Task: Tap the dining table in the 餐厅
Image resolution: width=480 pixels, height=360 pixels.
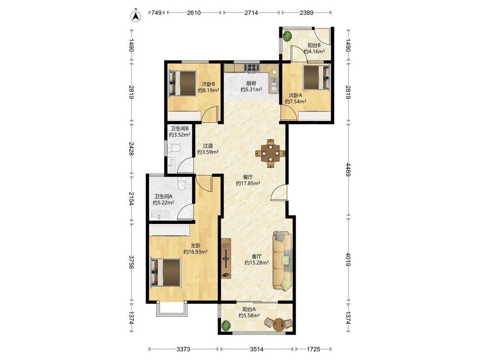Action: pos(271,153)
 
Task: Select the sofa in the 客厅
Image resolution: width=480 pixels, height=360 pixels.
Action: pos(282,261)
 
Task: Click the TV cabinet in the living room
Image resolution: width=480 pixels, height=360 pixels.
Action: pos(226,258)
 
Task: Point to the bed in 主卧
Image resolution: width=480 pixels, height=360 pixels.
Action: pos(166,273)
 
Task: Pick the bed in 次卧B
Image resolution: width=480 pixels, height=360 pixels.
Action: pos(183,83)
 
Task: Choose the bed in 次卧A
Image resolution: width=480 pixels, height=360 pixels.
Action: pos(317,78)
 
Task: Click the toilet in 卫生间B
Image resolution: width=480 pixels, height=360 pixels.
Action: pos(174,148)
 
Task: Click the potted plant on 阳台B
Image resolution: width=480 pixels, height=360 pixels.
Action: pos(287,36)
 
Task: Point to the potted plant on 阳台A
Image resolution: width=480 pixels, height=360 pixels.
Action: pos(226,325)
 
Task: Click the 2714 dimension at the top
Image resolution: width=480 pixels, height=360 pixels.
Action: pos(251,13)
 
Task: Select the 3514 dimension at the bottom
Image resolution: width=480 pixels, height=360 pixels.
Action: pos(256,349)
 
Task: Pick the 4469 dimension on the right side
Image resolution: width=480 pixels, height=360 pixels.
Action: pos(348,169)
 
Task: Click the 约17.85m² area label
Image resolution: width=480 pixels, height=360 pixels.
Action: pos(248,183)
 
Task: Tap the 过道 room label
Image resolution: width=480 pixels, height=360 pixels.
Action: pos(207,146)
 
